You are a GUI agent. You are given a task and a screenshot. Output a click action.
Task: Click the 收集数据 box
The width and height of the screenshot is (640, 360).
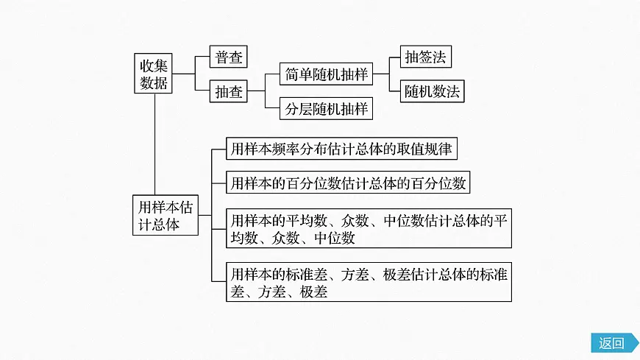[154, 74]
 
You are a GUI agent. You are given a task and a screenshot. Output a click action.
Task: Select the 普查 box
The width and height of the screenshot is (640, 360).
[227, 57]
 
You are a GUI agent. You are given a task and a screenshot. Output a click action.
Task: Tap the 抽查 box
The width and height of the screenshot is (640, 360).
[227, 92]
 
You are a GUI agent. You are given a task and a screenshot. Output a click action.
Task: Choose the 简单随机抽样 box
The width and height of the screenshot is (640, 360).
[325, 74]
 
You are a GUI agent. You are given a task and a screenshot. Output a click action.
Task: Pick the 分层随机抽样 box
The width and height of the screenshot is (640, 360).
[325, 108]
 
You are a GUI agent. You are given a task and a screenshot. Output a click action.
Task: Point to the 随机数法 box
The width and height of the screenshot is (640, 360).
[432, 92]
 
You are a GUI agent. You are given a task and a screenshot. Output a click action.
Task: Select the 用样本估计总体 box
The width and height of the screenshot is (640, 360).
[165, 215]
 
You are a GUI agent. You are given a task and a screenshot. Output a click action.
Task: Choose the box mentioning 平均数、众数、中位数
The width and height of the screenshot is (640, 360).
[368, 229]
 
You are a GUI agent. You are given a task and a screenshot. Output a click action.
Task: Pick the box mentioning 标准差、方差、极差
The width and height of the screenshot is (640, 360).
[368, 282]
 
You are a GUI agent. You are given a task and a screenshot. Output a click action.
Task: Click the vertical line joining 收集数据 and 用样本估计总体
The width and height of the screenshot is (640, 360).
[154, 144]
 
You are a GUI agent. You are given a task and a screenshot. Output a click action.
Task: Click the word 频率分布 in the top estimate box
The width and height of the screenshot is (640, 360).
[296, 149]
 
